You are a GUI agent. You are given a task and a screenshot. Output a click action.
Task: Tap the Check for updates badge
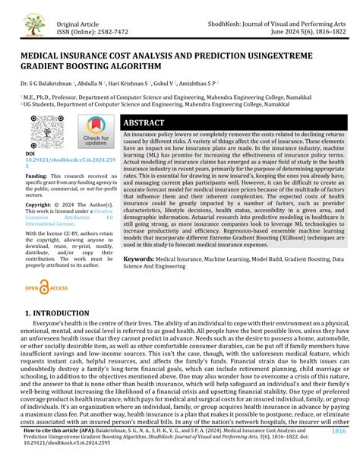coord(96,132)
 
